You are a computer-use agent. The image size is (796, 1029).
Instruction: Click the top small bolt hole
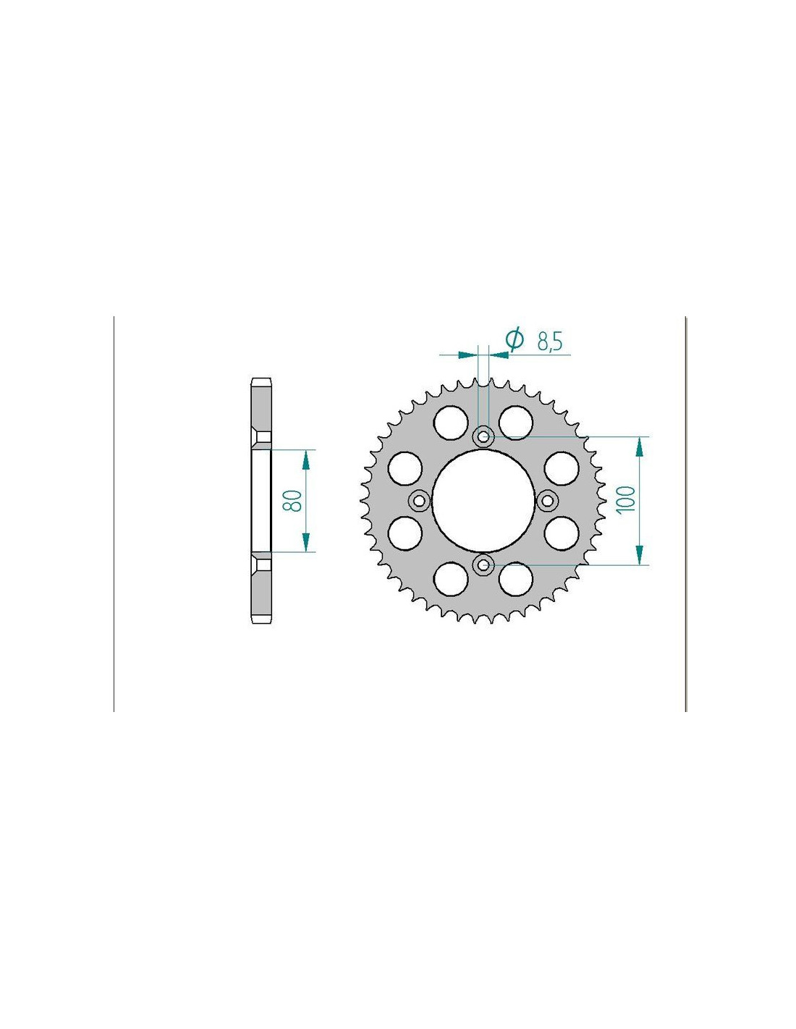[x=483, y=436]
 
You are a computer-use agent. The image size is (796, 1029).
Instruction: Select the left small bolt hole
[x=418, y=500]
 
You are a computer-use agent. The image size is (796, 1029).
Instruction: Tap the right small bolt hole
[x=547, y=500]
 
